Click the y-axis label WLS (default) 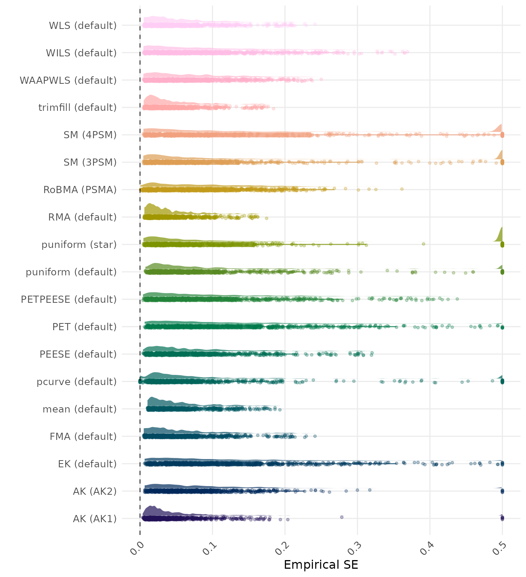(x=83, y=26)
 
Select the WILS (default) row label (x=81, y=53)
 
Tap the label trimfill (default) (x=77, y=108)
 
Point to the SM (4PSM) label (x=90, y=135)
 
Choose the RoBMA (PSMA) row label (x=80, y=190)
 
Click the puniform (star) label (x=79, y=245)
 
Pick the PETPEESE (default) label (x=69, y=300)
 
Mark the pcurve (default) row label (x=77, y=382)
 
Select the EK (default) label (x=87, y=464)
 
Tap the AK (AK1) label (x=95, y=519)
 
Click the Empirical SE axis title (x=321, y=565)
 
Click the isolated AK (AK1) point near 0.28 (x=342, y=517)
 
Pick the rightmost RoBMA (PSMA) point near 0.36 (x=402, y=189)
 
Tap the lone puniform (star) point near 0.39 (x=423, y=244)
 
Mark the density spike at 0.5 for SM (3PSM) (x=500, y=155)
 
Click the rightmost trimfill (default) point (x=274, y=109)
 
